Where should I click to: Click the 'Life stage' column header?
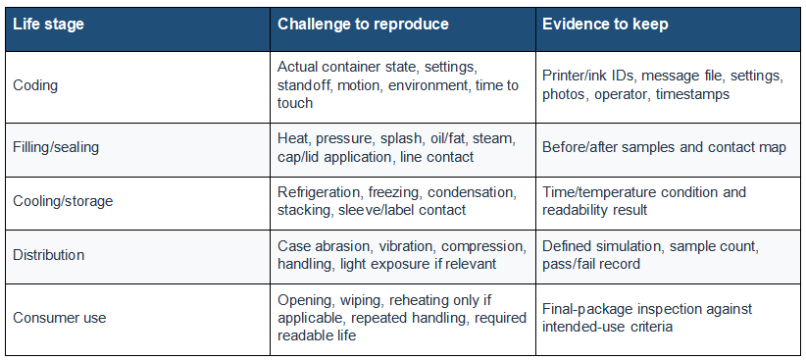click(48, 25)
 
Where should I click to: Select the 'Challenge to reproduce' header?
click(363, 25)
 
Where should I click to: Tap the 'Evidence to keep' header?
click(606, 25)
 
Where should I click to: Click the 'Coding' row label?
click(35, 85)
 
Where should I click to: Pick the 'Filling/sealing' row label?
click(56, 148)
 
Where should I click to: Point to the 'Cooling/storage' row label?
click(63, 201)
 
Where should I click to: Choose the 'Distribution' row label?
click(48, 255)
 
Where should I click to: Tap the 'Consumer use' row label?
click(59, 318)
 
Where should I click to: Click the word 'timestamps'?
click(692, 94)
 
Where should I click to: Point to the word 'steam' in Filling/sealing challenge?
click(495, 139)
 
